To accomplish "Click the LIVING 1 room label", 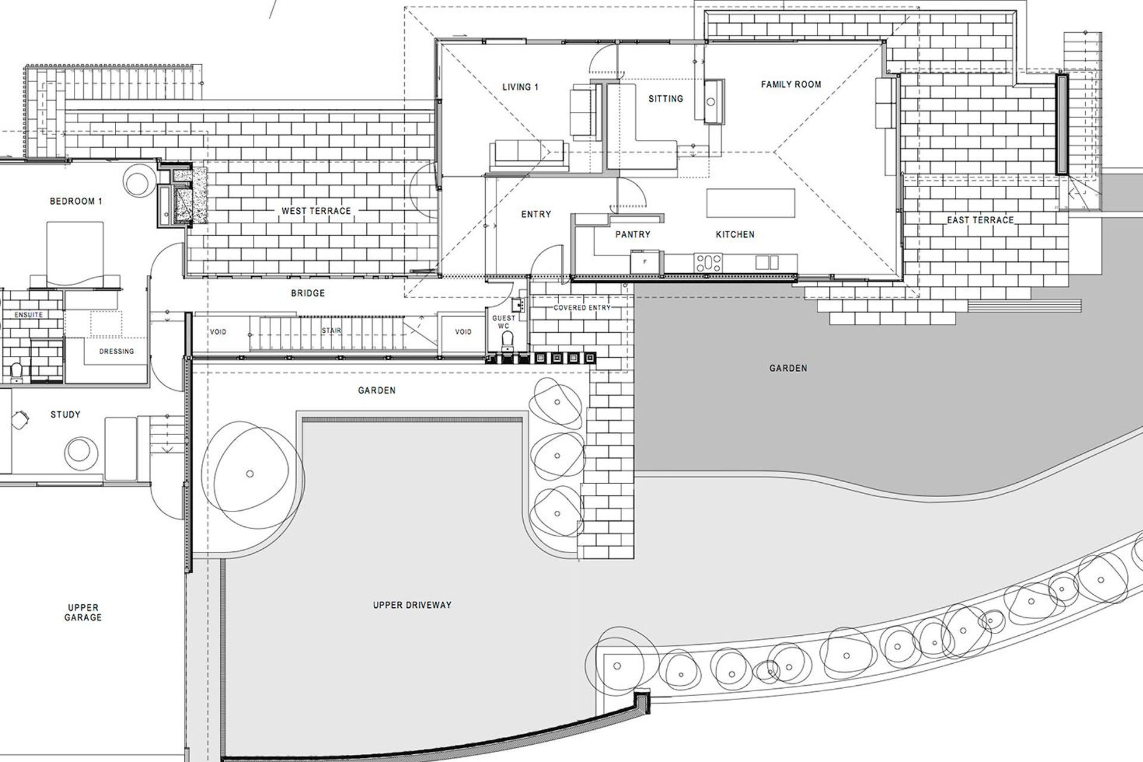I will tap(520, 87).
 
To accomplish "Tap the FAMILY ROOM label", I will tap(791, 85).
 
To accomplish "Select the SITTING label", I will tap(666, 99).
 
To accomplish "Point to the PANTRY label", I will tap(633, 235).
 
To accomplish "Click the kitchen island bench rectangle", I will tap(751, 203).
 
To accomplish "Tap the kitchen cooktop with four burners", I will tap(709, 262).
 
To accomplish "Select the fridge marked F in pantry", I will tap(645, 262).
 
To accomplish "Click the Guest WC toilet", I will tap(507, 341).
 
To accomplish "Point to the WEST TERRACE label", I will tap(316, 211).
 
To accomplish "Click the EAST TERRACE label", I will tap(980, 220).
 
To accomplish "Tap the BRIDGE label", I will tap(308, 293).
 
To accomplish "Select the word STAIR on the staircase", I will tap(332, 330).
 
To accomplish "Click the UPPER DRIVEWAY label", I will tap(412, 605).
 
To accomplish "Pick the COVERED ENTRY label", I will tap(582, 308).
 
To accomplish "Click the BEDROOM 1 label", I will tap(76, 201).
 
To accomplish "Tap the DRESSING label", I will tap(116, 351).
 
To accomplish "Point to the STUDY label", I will tap(65, 414).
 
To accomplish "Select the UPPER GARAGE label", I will tap(83, 613).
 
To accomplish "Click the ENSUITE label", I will tap(29, 314).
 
